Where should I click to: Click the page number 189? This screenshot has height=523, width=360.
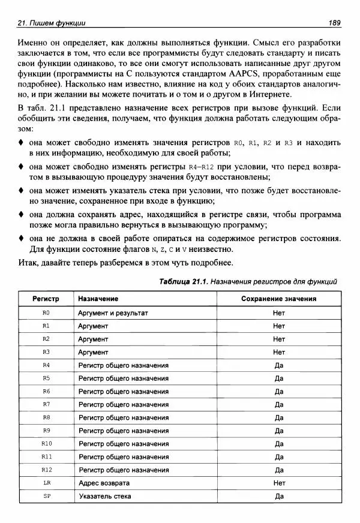tap(334, 23)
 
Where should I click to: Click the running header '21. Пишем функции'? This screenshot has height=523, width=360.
tap(52, 23)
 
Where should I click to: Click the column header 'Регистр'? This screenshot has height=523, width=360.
tap(46, 299)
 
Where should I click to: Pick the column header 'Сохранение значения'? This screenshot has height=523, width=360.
tap(278, 299)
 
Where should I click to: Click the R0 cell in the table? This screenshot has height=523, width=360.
tap(46, 313)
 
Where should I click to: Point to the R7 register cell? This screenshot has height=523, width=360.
tap(46, 404)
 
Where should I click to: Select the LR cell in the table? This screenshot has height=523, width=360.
tap(46, 483)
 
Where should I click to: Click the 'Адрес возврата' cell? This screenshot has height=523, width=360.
tap(104, 483)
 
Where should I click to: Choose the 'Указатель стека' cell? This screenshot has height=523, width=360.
tap(105, 496)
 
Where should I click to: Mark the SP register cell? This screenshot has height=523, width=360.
tap(46, 496)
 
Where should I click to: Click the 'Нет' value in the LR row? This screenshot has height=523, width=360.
tap(278, 483)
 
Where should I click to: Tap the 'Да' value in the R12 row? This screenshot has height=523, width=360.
tap(278, 470)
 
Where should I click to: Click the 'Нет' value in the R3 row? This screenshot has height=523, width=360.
tap(278, 352)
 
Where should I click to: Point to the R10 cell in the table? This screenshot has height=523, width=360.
tap(46, 444)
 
